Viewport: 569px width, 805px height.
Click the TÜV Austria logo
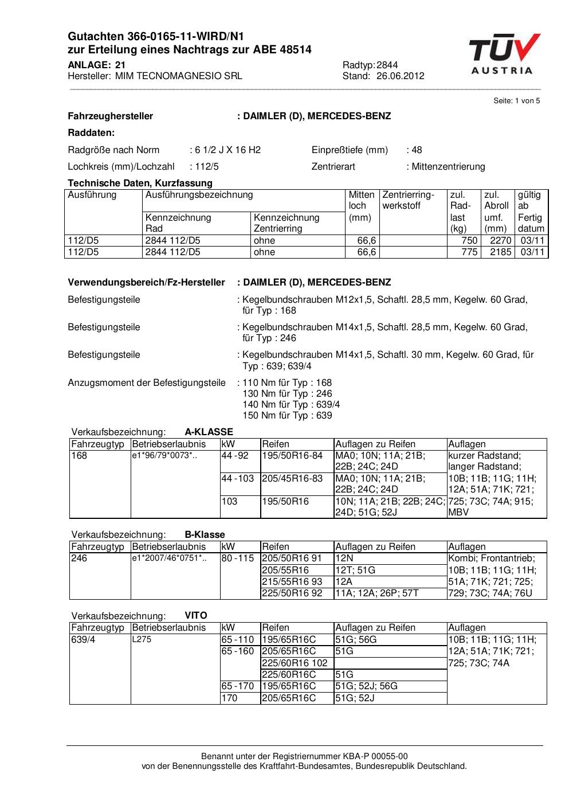coord(504,54)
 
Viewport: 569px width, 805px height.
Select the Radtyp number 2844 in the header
coord(387,65)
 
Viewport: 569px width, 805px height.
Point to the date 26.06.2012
coord(400,76)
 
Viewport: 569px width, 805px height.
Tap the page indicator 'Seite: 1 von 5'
coord(516,101)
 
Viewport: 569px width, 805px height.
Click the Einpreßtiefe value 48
coord(417,150)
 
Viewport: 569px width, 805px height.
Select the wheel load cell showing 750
coord(469,241)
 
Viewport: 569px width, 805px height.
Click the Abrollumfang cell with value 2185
coord(500,252)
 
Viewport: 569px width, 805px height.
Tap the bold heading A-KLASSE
coord(209,432)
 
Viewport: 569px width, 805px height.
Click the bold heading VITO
coord(196,616)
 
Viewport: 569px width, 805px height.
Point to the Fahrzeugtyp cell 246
coord(80,558)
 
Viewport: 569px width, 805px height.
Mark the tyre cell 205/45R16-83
coord(292,478)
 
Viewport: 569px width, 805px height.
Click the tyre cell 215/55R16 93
coord(292,581)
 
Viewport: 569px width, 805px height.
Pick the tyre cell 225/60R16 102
coord(295,663)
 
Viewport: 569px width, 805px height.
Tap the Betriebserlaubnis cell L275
coord(142,640)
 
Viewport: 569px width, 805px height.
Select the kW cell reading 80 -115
coord(237,558)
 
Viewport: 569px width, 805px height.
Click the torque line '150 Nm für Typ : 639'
coord(287,416)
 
